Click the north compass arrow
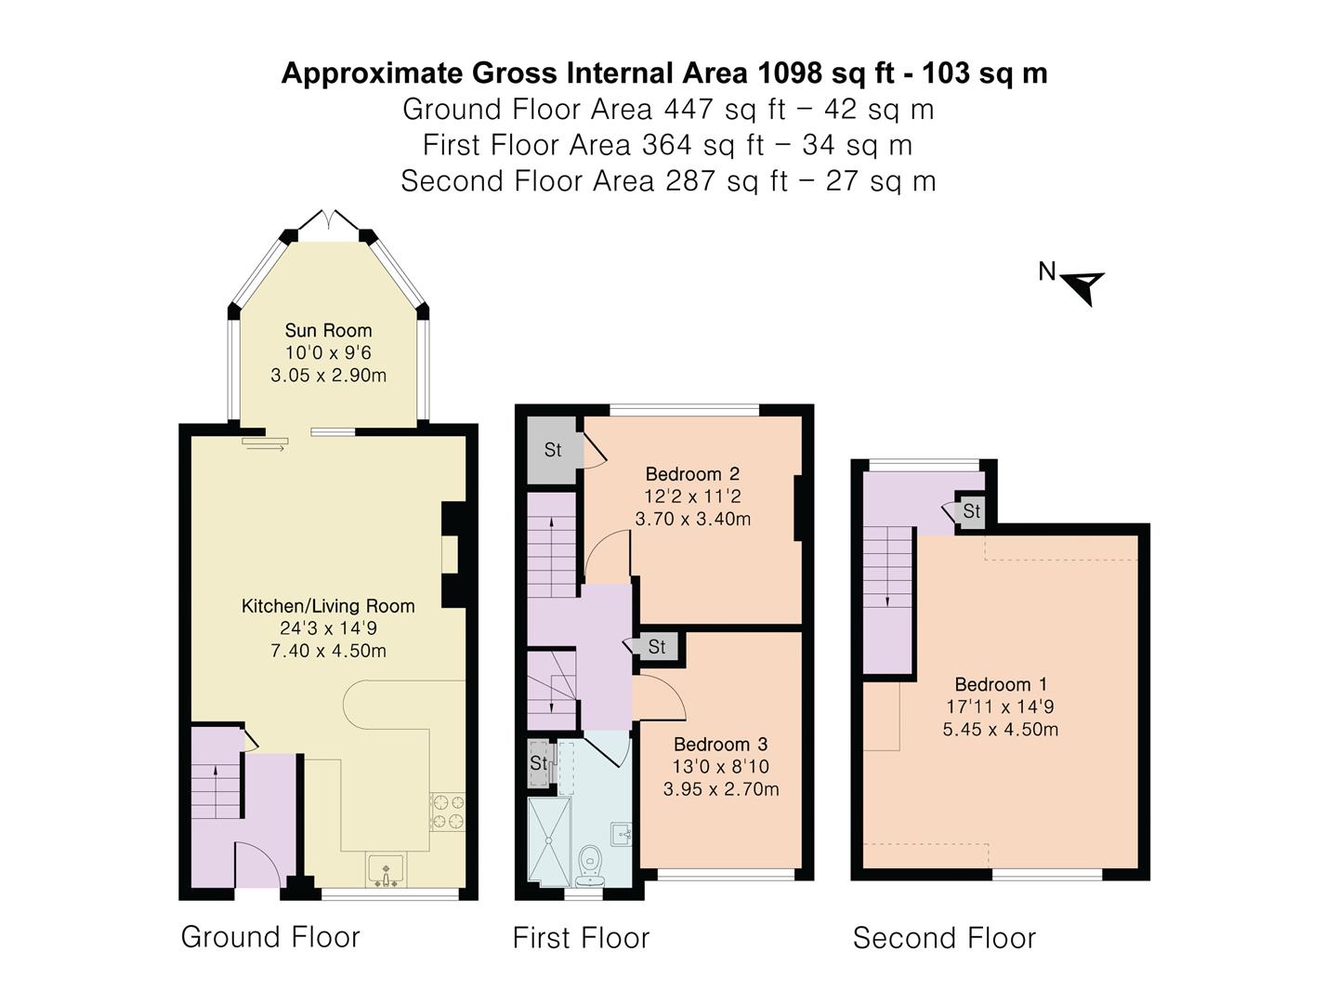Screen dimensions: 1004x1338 [1082, 284]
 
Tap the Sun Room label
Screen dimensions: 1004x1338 [328, 330]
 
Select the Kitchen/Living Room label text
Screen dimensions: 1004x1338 [328, 606]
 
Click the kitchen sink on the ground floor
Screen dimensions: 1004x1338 [386, 871]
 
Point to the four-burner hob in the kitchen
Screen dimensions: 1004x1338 [447, 811]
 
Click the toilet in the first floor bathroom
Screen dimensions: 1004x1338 [589, 865]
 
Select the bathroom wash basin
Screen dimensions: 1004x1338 [622, 833]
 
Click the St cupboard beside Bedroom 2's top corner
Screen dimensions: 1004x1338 [553, 450]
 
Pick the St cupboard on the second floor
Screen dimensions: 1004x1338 [972, 511]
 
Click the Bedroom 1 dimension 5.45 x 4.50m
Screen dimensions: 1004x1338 [1000, 730]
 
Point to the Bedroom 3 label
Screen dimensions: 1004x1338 [720, 745]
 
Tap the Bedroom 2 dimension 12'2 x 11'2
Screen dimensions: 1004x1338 [692, 496]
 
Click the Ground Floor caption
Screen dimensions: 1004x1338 [270, 937]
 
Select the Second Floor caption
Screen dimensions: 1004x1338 [944, 938]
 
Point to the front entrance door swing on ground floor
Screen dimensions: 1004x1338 [257, 865]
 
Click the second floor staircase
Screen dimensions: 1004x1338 [888, 595]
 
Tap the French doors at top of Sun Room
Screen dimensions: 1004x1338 [328, 226]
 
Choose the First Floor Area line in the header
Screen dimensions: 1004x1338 [667, 145]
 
